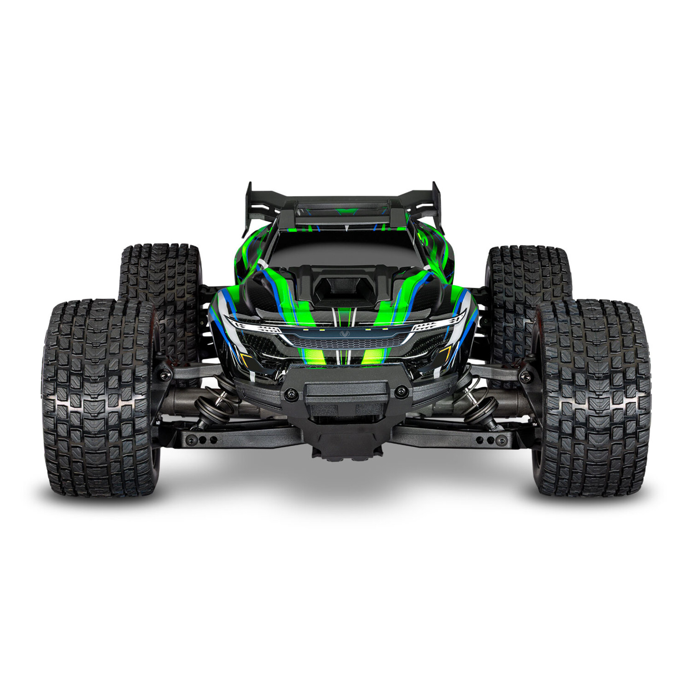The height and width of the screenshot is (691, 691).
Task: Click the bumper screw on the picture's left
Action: point(290,393)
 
